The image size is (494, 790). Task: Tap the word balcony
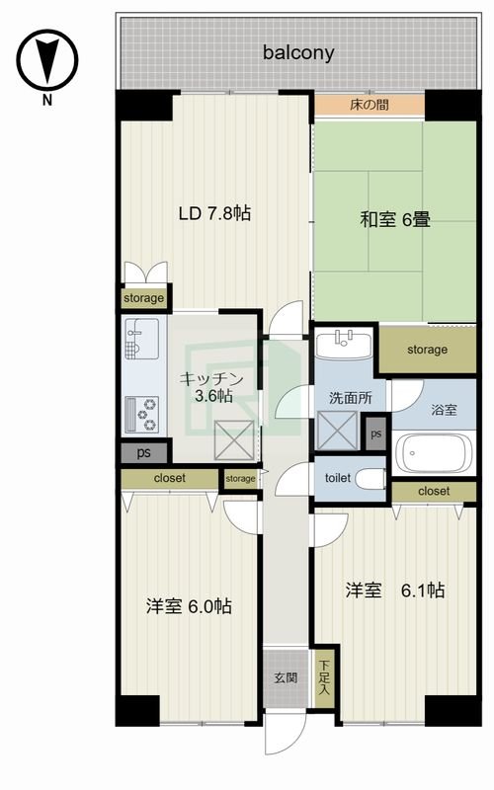pos(298,52)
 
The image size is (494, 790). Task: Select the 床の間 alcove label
pos(370,105)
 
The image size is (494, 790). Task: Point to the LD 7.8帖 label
pos(214,213)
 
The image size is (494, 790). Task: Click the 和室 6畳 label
pos(395,219)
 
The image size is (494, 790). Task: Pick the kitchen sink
pos(141,338)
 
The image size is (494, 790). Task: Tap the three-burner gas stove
pos(141,415)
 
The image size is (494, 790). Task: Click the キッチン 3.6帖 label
pos(211,387)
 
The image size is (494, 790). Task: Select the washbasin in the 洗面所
pos(344,343)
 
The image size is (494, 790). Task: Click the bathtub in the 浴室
pos(434,452)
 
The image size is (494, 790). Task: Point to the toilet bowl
pos(370,479)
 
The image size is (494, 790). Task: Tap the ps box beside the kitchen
pos(143,452)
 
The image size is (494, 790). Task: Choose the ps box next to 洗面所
pos(376,434)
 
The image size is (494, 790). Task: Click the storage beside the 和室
pos(428,350)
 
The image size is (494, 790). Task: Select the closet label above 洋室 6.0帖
pos(170,478)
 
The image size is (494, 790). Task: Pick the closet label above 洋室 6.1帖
pos(434,491)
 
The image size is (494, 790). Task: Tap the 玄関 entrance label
pos(286,678)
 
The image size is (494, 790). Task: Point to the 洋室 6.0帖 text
pos(189,605)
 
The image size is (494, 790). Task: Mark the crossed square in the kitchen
pos(234,440)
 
